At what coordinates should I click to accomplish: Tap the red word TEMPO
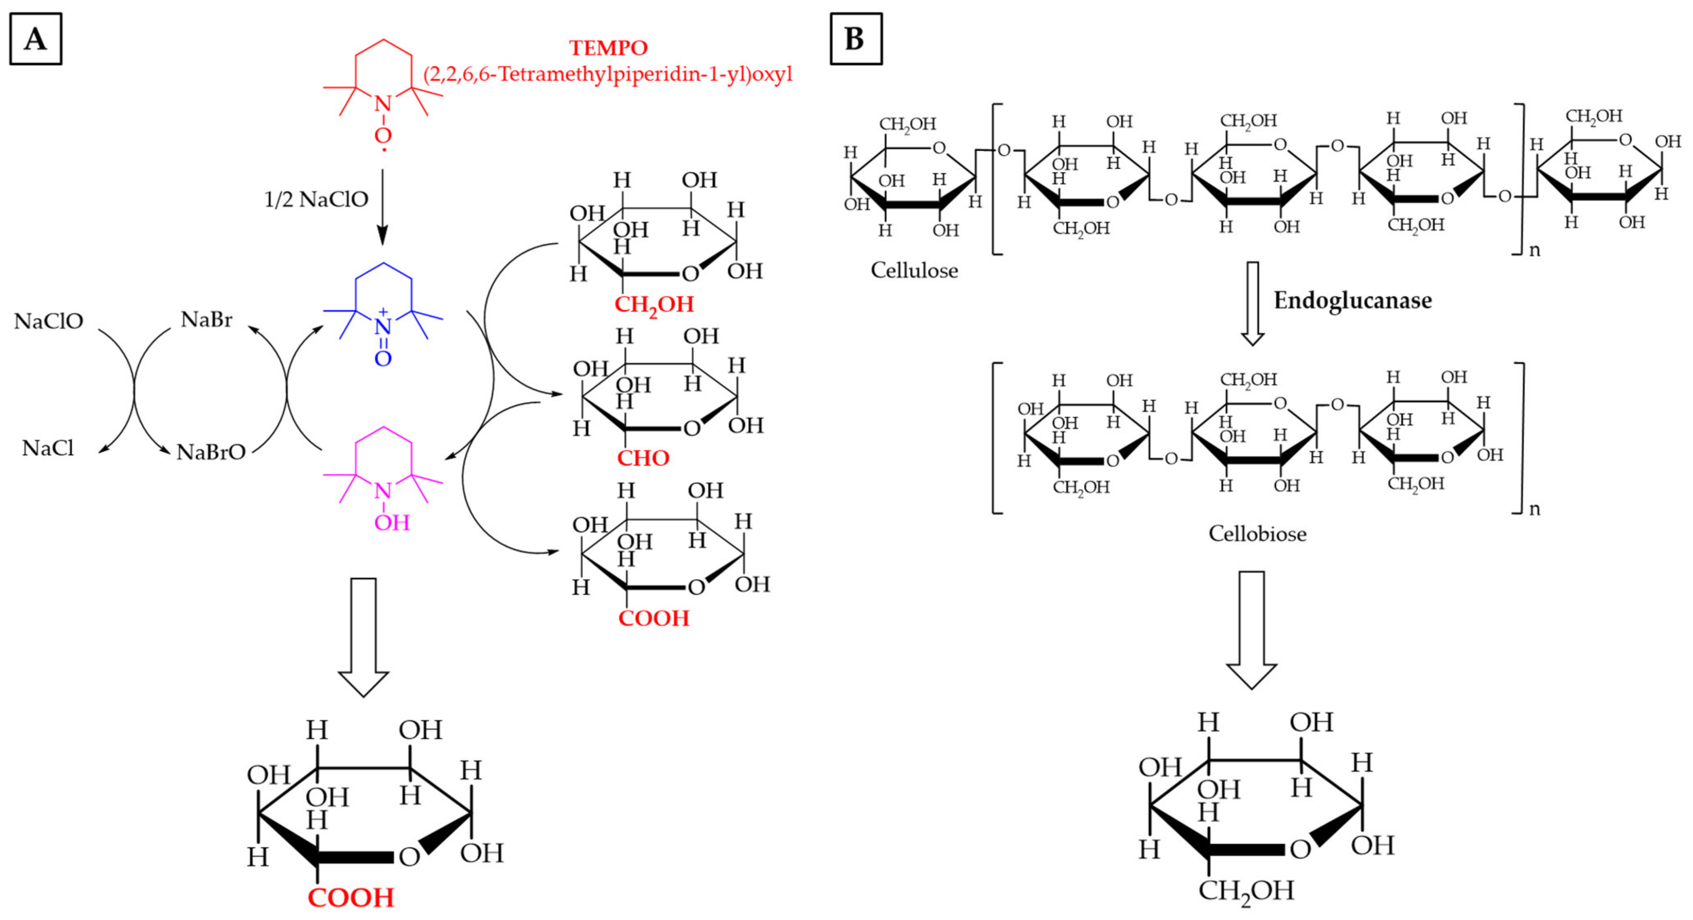608,48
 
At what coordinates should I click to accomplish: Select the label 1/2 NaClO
316,199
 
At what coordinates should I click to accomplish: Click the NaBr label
206,320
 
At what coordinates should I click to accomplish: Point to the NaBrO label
211,452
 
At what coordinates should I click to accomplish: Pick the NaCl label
48,448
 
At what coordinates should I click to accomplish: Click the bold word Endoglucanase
1353,300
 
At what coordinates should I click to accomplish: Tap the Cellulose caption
914,270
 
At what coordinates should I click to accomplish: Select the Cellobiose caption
1257,534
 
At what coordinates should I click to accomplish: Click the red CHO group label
643,458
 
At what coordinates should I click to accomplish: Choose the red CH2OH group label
654,305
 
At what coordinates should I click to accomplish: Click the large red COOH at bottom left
351,898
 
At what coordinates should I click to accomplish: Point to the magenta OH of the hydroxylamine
392,523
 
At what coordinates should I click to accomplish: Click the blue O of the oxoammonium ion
383,359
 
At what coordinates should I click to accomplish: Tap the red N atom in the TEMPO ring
382,104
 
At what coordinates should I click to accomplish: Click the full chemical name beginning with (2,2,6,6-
608,74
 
